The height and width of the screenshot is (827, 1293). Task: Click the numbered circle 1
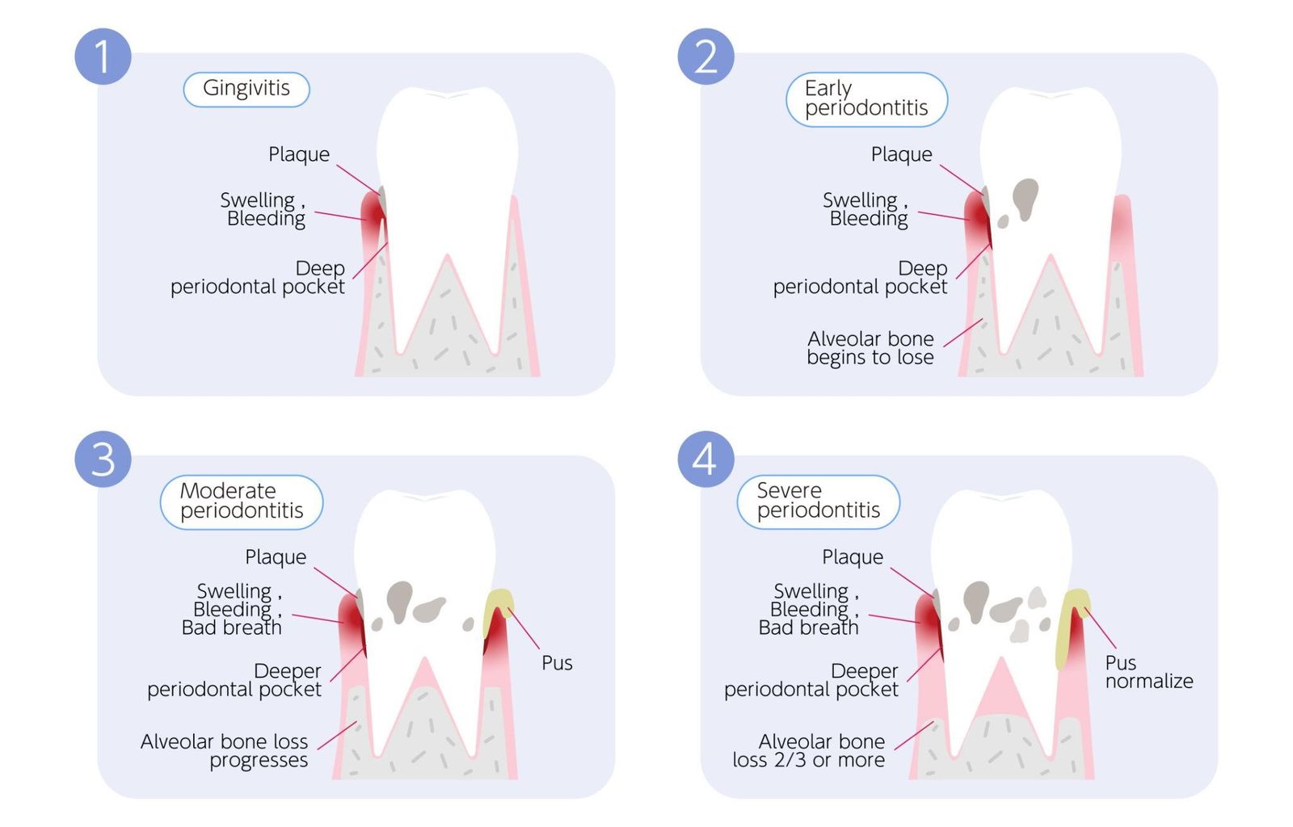(103, 57)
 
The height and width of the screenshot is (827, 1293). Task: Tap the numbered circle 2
(705, 57)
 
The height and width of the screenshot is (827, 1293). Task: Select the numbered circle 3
(103, 459)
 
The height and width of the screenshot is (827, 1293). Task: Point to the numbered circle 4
(705, 459)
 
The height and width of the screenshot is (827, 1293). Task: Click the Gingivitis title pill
(246, 89)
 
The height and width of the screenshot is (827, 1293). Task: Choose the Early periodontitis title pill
(866, 99)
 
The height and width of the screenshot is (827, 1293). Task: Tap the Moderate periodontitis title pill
(242, 502)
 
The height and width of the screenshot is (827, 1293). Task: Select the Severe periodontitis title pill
(818, 502)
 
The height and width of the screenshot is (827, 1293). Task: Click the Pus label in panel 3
(557, 663)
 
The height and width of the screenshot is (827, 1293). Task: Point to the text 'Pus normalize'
(1148, 672)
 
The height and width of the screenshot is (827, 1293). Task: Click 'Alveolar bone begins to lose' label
(870, 348)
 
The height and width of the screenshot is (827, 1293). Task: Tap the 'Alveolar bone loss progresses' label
(225, 751)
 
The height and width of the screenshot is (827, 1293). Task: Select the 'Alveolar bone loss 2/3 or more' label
(809, 751)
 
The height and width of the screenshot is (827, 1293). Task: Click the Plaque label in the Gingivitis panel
(299, 154)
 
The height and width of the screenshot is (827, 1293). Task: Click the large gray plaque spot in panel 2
(1025, 198)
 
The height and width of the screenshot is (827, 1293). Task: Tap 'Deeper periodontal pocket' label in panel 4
(811, 680)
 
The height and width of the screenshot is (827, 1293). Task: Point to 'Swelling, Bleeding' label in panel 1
(263, 209)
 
